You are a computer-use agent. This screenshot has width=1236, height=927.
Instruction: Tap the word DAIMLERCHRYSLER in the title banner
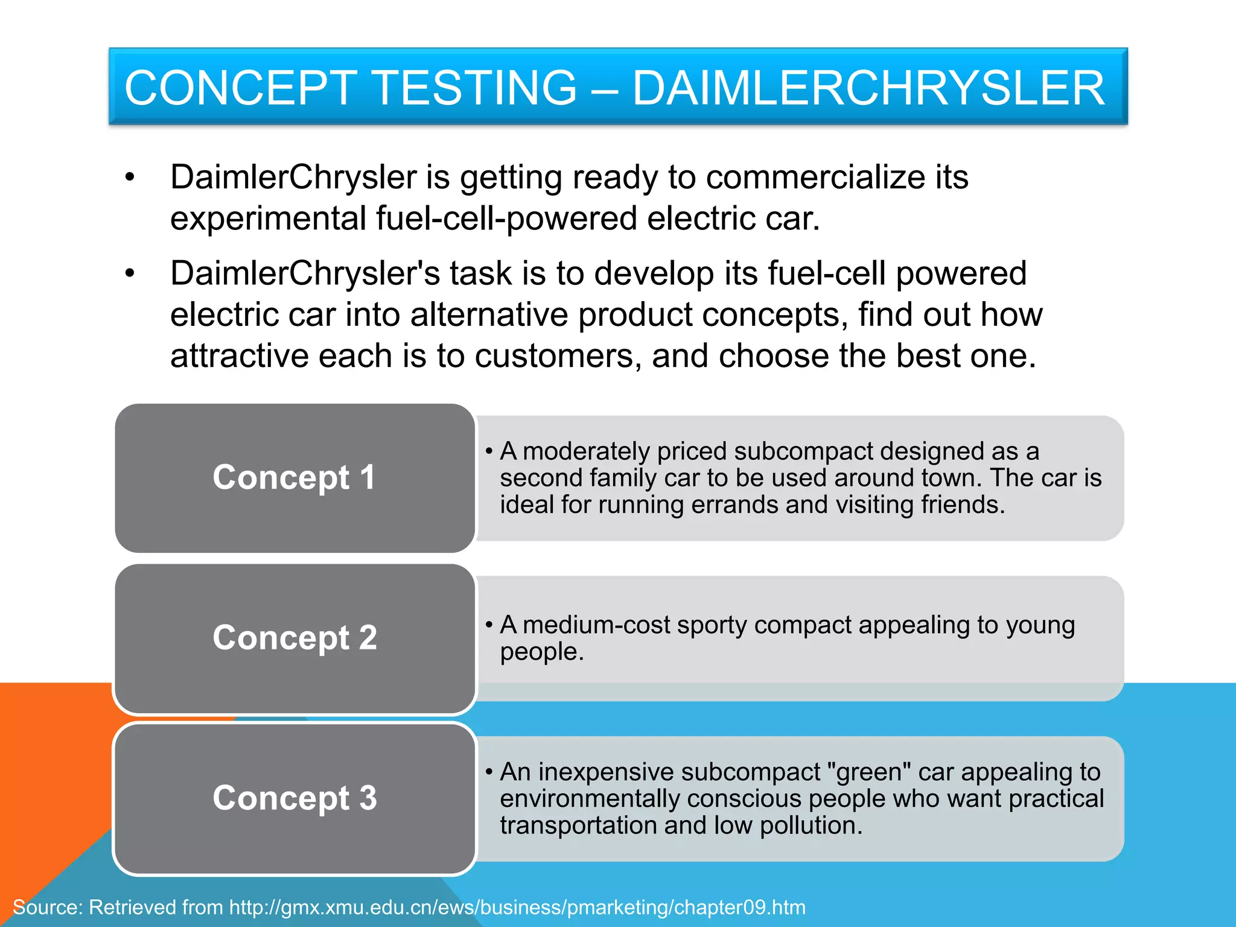868,88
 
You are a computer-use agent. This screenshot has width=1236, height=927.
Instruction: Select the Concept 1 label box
295,478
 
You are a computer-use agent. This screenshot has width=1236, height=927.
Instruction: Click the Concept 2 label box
295,638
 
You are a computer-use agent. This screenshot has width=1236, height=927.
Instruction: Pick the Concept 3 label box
295,798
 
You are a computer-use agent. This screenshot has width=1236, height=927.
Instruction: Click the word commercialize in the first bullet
815,177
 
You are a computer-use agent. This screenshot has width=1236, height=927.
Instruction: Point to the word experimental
268,218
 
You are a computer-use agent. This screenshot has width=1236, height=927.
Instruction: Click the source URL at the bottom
517,907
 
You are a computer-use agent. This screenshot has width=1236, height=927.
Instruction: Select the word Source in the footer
47,907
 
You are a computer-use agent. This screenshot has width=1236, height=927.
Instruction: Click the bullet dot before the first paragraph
130,178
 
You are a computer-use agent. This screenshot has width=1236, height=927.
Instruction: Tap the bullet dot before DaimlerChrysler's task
130,274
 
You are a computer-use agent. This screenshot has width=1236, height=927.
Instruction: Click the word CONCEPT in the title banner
240,88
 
